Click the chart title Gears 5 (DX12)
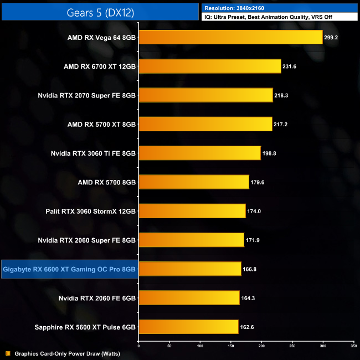coord(100,12)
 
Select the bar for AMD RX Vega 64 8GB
coord(230,37)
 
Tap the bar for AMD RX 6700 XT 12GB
coord(209,66)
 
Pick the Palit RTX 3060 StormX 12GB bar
coord(192,211)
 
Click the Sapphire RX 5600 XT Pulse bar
coord(188,327)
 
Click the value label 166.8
coord(250,269)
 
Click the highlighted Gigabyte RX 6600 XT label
coord(69,269)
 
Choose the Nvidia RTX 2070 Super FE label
coord(87,95)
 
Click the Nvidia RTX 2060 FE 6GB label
coord(97,298)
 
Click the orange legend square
coord(7,353)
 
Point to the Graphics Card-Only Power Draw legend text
coord(67,353)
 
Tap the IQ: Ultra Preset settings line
coord(271,17)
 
